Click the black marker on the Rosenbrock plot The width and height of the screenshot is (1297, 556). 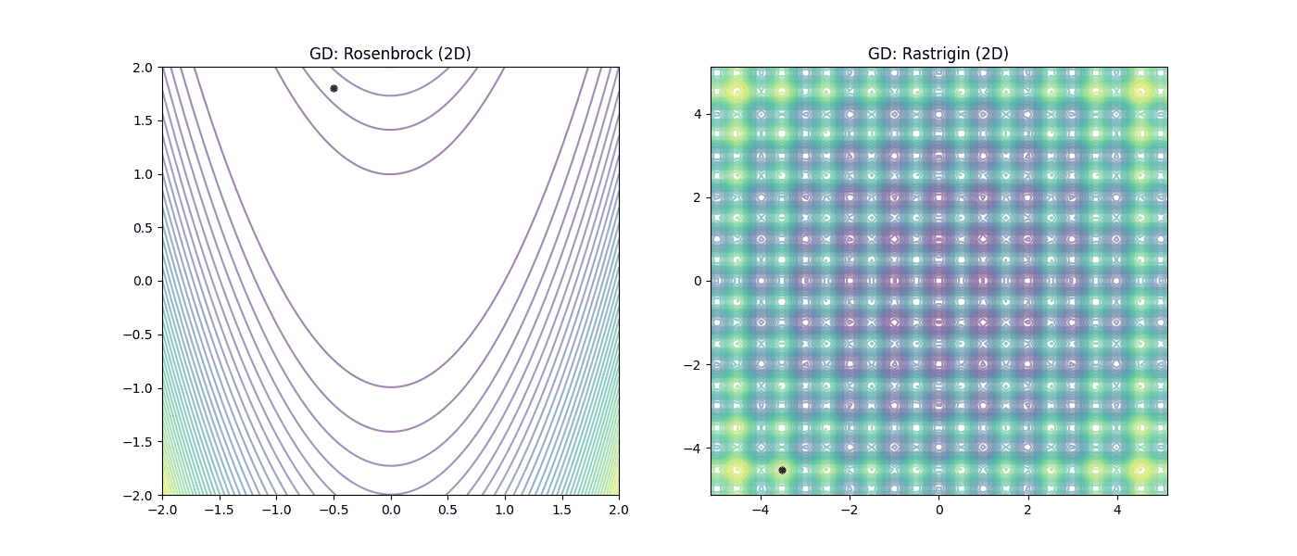coord(334,88)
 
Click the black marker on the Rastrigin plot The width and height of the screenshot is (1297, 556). coord(782,470)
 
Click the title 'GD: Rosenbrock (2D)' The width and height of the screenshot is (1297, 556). coord(390,54)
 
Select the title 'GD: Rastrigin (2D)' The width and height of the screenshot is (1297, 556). coord(938,54)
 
